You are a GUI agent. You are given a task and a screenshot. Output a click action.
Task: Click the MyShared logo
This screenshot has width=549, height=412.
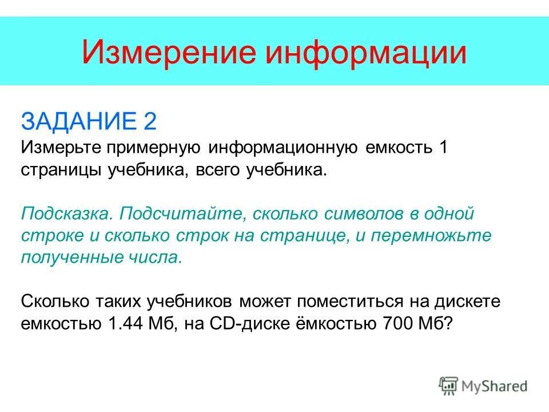(x=484, y=385)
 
